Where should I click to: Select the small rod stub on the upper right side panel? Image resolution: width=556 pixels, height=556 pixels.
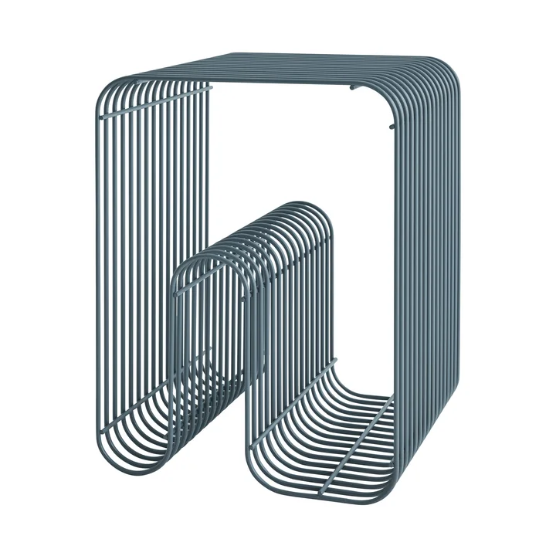pos(392,126)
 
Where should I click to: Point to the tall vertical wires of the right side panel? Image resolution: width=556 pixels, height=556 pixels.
pos(432,270)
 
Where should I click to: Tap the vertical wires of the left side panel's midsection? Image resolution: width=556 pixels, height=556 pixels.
pos(154,232)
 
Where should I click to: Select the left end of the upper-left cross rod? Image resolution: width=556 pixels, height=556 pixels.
pos(103,117)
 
